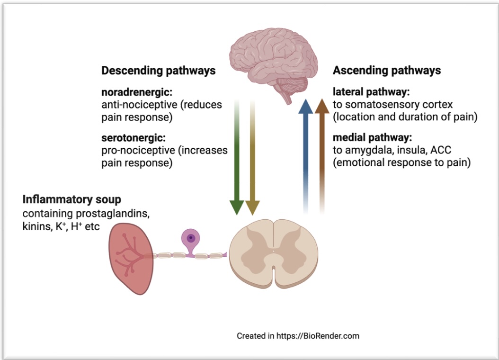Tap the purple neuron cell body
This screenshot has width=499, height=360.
click(x=191, y=238)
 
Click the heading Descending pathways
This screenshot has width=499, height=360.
click(x=159, y=71)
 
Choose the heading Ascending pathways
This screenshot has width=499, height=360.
click(x=387, y=71)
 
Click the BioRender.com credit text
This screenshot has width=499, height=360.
click(x=298, y=336)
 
